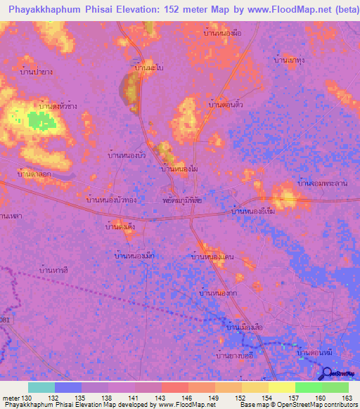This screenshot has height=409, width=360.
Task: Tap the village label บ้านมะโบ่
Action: [x=150, y=68]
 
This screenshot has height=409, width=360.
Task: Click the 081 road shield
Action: [x=5, y=320]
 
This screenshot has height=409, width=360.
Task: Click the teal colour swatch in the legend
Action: [x=41, y=388]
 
